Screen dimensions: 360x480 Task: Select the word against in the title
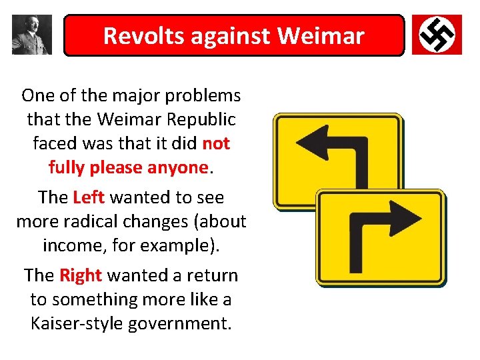pos(231,35)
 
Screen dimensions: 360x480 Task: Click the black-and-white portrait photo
pos(31,35)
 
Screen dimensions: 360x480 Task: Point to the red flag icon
pos(437,35)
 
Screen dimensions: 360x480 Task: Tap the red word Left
pos(89,197)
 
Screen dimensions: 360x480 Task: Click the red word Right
pos(81,275)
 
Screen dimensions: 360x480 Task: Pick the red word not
pos(216,143)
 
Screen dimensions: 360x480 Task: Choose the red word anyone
pos(179,167)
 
